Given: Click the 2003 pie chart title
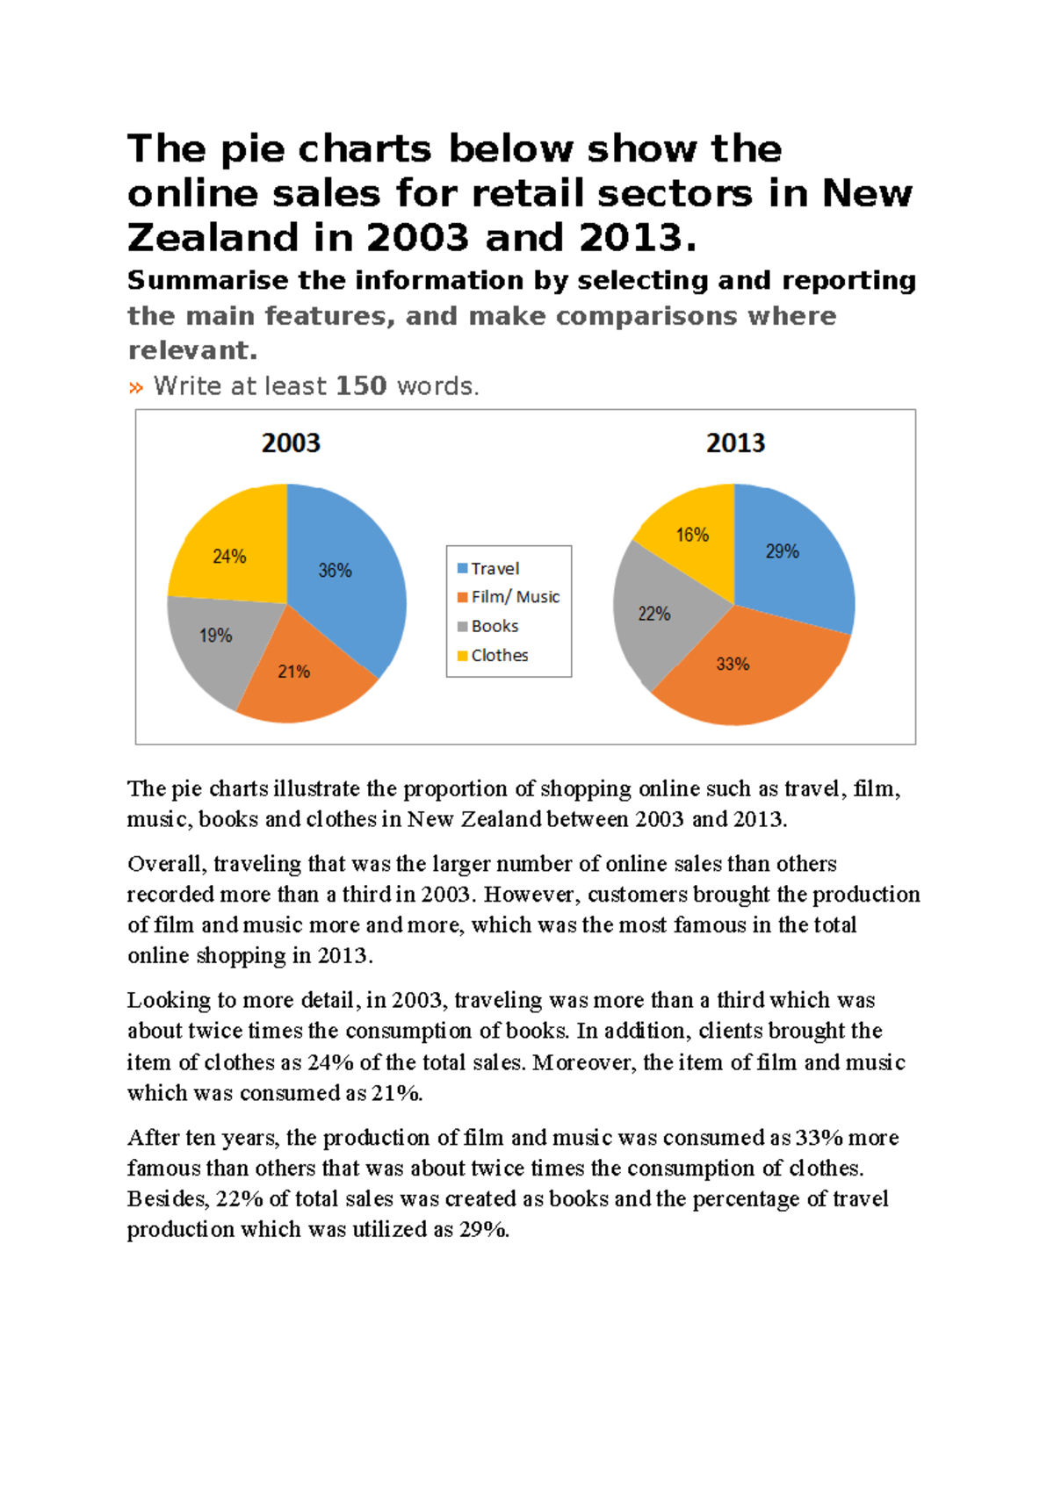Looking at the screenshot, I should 291,443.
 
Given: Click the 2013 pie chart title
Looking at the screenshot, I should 735,443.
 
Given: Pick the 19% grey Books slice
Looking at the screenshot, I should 214,641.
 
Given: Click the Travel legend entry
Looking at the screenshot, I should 495,569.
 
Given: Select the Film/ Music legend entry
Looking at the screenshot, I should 515,597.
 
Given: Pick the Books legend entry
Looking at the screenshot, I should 495,626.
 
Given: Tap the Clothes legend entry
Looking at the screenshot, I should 499,655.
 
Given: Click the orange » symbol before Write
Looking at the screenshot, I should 136,387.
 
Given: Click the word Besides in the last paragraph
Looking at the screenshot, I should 168,1199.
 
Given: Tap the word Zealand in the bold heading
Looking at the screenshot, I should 239,238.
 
